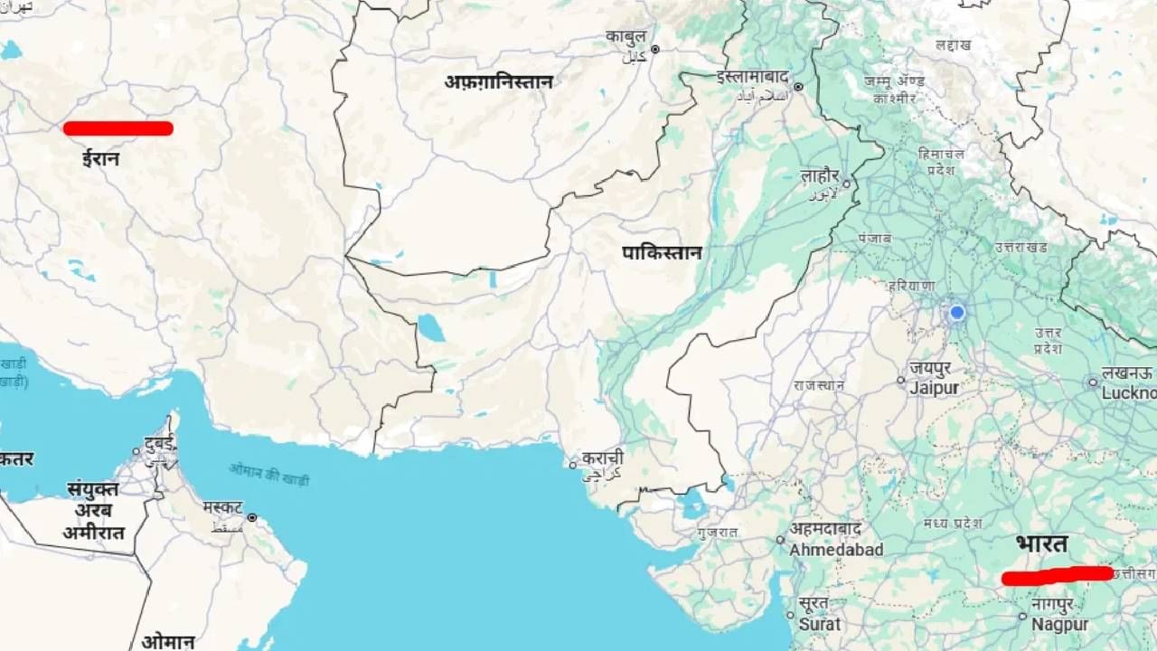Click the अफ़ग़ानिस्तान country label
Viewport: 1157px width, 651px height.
(498, 81)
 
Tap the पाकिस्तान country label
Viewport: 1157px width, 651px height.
(662, 253)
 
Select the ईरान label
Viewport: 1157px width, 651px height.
(100, 159)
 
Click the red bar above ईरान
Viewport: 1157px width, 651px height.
(118, 128)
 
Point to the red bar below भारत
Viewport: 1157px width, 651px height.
(1058, 575)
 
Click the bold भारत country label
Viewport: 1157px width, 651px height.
(1041, 545)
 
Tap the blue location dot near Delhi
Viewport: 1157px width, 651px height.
(956, 313)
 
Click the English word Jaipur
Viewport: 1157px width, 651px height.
(934, 387)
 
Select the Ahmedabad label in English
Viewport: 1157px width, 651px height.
(836, 550)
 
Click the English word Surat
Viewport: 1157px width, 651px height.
(820, 624)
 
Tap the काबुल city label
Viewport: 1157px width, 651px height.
(626, 37)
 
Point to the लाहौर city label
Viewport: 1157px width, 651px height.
(820, 176)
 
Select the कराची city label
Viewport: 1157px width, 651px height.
(602, 458)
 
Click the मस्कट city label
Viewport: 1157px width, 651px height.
(222, 507)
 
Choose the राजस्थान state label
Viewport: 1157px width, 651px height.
(819, 385)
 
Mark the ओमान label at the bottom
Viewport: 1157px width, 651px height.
(168, 642)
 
